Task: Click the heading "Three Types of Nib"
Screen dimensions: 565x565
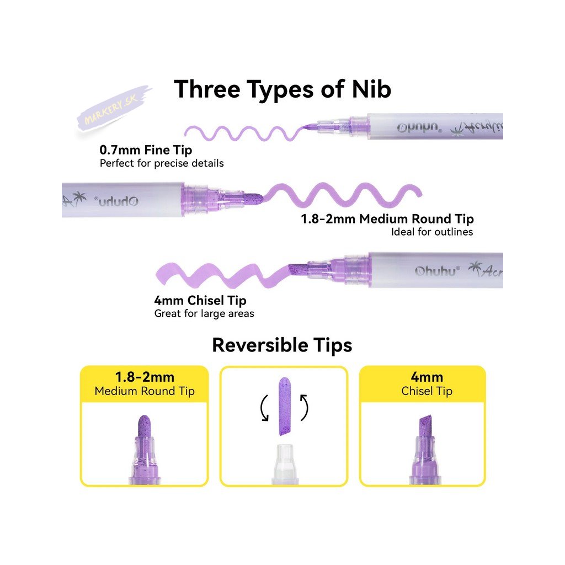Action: click(282, 89)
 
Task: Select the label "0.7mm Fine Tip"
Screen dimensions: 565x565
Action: click(146, 150)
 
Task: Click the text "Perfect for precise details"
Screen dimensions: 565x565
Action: click(162, 163)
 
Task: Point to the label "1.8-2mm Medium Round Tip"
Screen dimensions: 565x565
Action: click(387, 218)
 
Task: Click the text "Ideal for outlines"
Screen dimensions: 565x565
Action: click(432, 232)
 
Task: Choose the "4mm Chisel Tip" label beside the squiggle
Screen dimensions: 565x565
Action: click(200, 301)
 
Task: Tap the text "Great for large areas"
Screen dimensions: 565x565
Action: click(204, 314)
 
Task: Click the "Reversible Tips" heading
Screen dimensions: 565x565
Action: click(282, 345)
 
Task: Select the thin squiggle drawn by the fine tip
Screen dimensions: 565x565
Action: click(243, 132)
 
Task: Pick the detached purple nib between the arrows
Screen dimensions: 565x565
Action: click(284, 406)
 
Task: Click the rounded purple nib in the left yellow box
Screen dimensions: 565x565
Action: click(144, 428)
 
